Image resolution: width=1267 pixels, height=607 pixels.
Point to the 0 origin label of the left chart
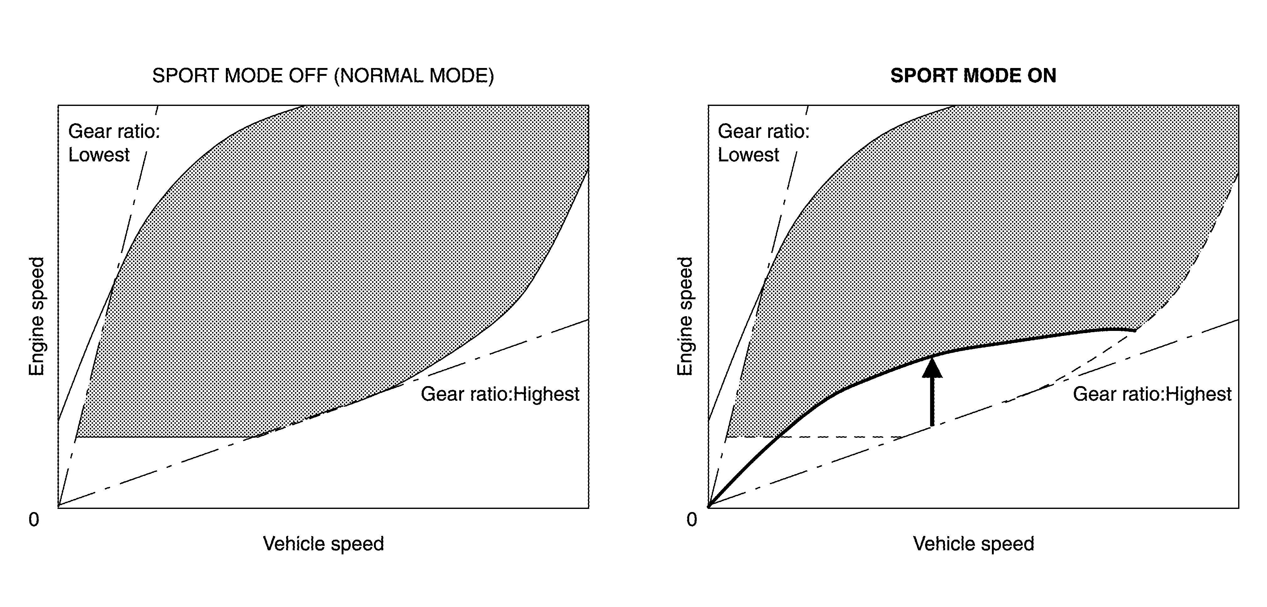(34, 520)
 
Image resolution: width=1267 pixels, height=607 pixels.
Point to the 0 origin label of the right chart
(692, 520)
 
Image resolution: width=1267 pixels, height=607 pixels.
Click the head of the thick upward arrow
(932, 368)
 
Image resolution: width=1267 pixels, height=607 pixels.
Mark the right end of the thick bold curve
(1134, 331)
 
